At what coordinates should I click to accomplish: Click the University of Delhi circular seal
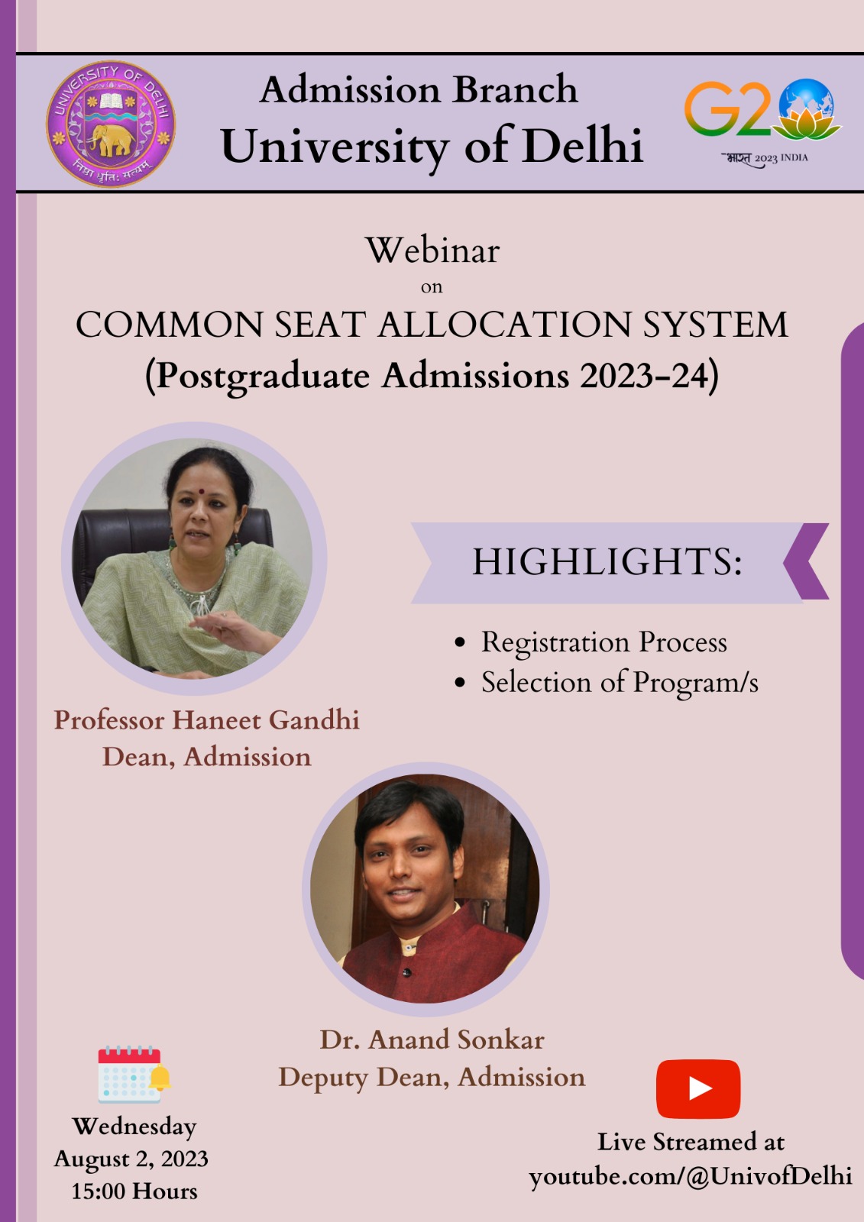pyautogui.click(x=111, y=123)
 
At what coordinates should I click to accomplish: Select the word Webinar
pyautogui.click(x=432, y=251)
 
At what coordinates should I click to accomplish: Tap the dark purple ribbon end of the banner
pyautogui.click(x=807, y=561)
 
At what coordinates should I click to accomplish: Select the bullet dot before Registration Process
pyautogui.click(x=460, y=642)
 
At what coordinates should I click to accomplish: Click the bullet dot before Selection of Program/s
pyautogui.click(x=460, y=683)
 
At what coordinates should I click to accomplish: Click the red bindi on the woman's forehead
pyautogui.click(x=201, y=491)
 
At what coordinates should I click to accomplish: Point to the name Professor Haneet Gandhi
pyautogui.click(x=207, y=720)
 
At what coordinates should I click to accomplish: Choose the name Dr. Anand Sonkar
pyautogui.click(x=432, y=1039)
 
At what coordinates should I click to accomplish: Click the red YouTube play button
pyautogui.click(x=698, y=1089)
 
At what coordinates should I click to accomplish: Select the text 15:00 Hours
pyautogui.click(x=134, y=1191)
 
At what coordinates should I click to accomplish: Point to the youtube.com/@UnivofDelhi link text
pyautogui.click(x=691, y=1177)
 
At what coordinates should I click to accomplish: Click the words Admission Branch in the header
pyautogui.click(x=419, y=89)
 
